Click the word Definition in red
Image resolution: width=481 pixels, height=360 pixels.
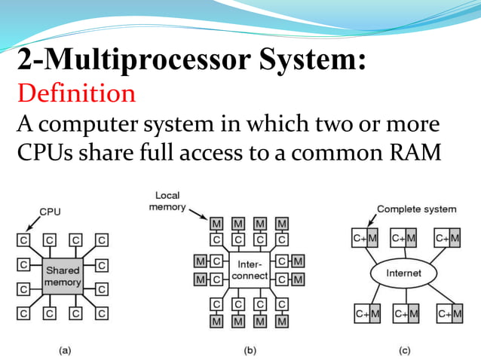coord(76,94)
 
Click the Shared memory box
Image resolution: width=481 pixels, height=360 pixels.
coord(63,276)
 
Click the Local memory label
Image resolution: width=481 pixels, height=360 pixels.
coord(166,201)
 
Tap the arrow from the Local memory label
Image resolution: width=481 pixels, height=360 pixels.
coord(203,216)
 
